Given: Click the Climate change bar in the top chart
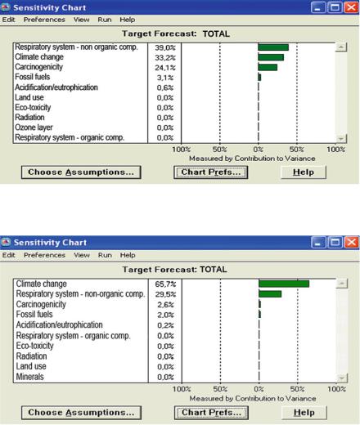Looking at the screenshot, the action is coord(271,57).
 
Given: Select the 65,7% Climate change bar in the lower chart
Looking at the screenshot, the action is coord(284,284).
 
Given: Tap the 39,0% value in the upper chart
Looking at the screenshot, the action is coord(165,47).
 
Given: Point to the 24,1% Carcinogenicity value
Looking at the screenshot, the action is coord(165,68).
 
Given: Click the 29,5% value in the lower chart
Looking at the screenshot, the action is coord(165,294).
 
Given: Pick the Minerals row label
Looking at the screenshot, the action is coord(29,377).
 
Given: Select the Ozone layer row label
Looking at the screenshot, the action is coord(34,127).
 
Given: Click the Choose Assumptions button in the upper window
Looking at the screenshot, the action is coord(81,172).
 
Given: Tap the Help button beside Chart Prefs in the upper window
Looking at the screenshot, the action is coord(304,172).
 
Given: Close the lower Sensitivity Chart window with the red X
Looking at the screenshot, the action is coord(352,242).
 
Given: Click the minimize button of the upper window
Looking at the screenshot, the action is coord(317,7).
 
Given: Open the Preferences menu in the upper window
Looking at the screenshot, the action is coord(44,20).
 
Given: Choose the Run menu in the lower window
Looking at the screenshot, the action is coord(105,255).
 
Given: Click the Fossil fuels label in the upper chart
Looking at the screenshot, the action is coord(33,77).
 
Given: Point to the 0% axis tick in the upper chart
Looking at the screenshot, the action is coord(259,150).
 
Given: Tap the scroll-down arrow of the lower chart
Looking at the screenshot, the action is coord(342,378).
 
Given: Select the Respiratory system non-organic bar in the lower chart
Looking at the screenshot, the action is coord(270,294).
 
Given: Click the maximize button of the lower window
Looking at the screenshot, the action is coord(335,242).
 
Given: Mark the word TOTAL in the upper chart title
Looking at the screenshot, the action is coord(216,34).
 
